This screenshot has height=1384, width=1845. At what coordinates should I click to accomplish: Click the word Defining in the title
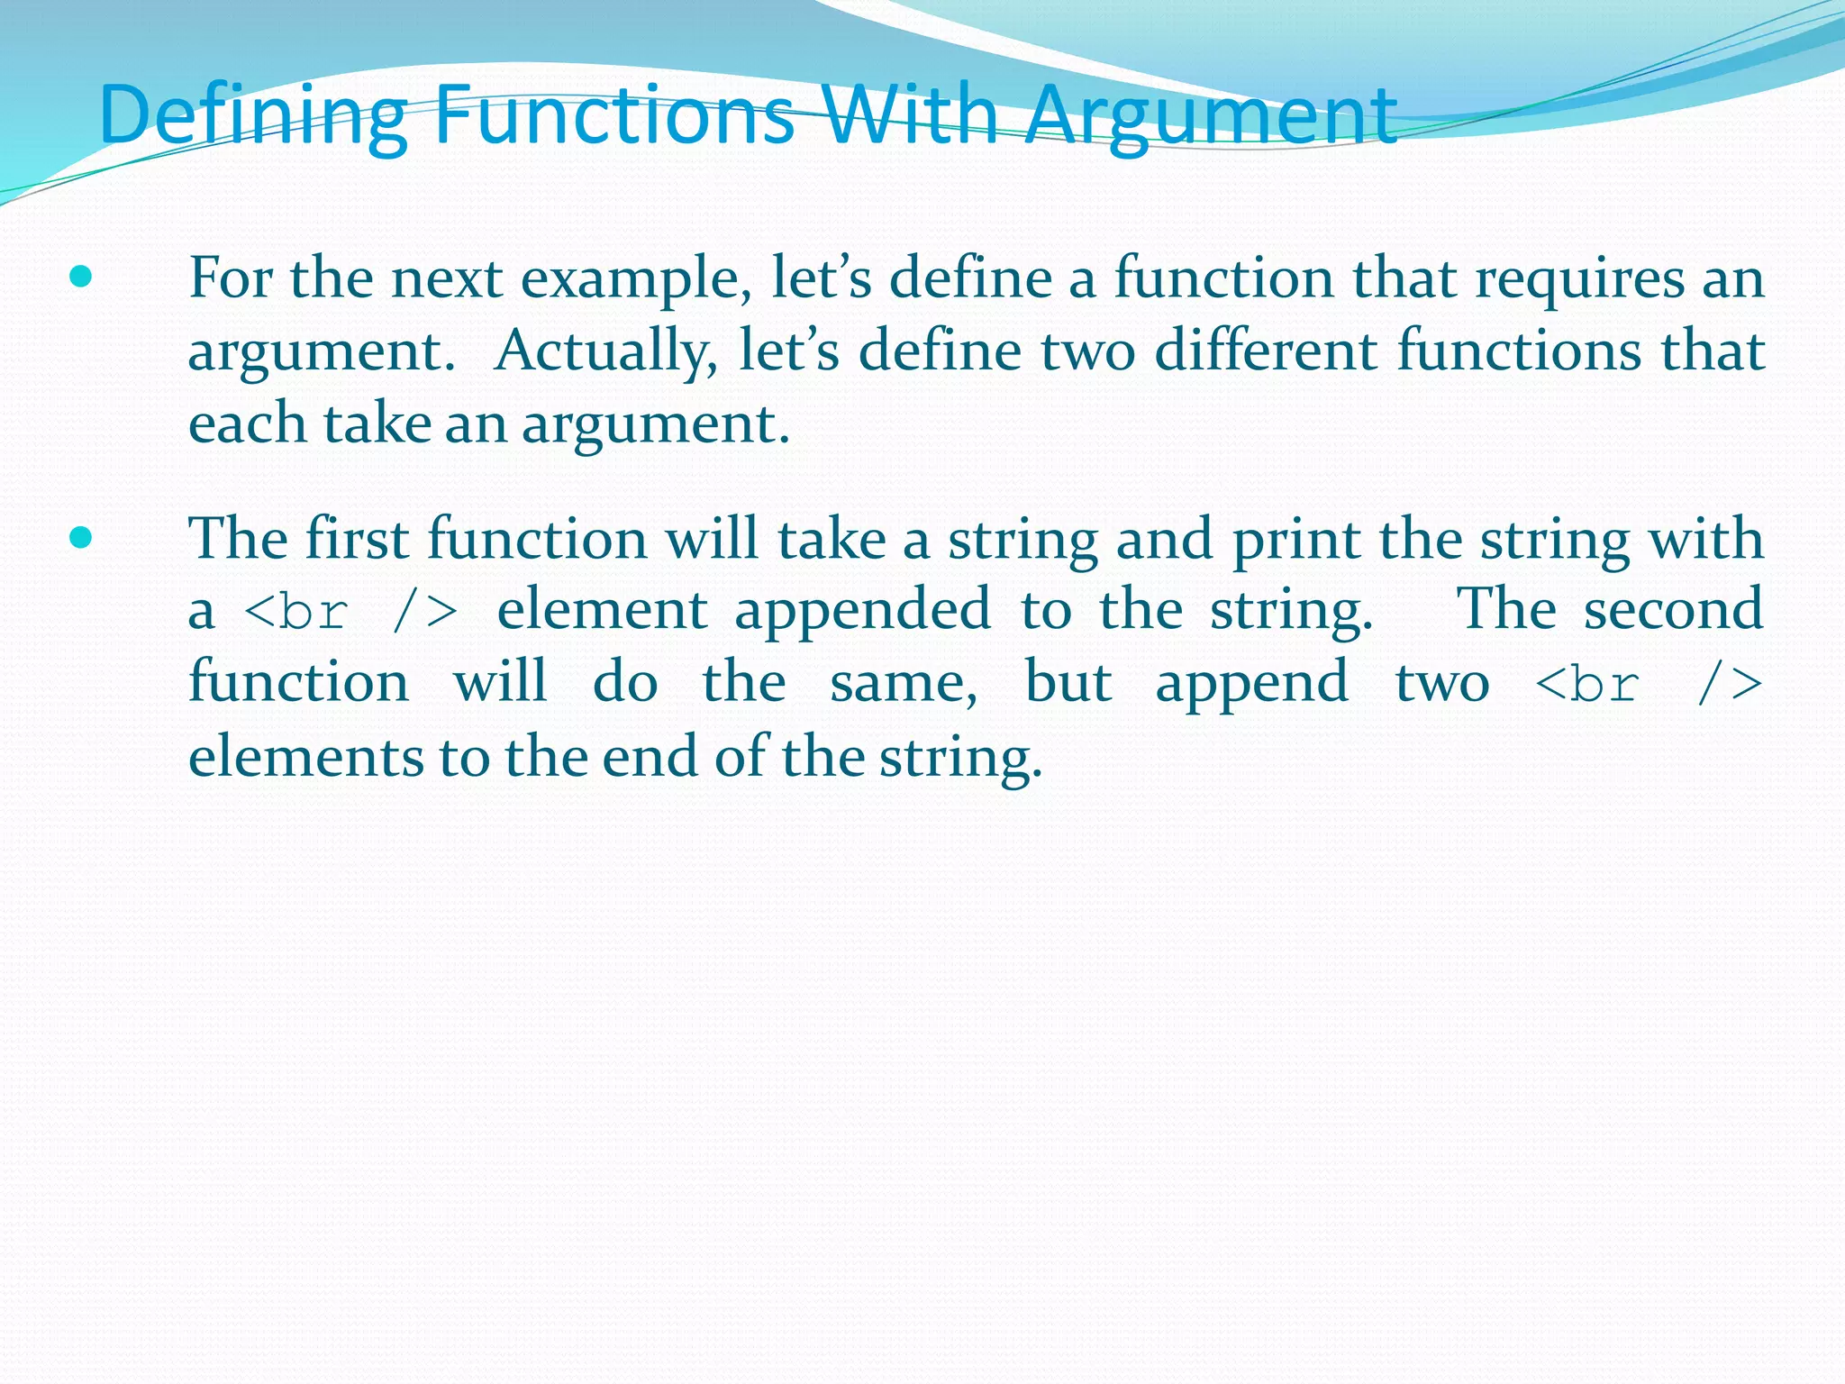[253, 115]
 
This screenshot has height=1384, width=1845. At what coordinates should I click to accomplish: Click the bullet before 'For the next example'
[81, 277]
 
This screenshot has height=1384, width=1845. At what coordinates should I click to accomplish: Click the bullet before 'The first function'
[81, 538]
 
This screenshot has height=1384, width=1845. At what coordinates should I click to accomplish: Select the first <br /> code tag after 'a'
[351, 612]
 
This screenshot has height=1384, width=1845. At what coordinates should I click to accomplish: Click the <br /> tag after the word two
[1648, 684]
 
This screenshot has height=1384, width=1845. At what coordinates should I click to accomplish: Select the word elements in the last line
[305, 757]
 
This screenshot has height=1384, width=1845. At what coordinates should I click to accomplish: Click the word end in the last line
[649, 757]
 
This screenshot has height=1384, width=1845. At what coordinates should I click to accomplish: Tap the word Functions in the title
[613, 115]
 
